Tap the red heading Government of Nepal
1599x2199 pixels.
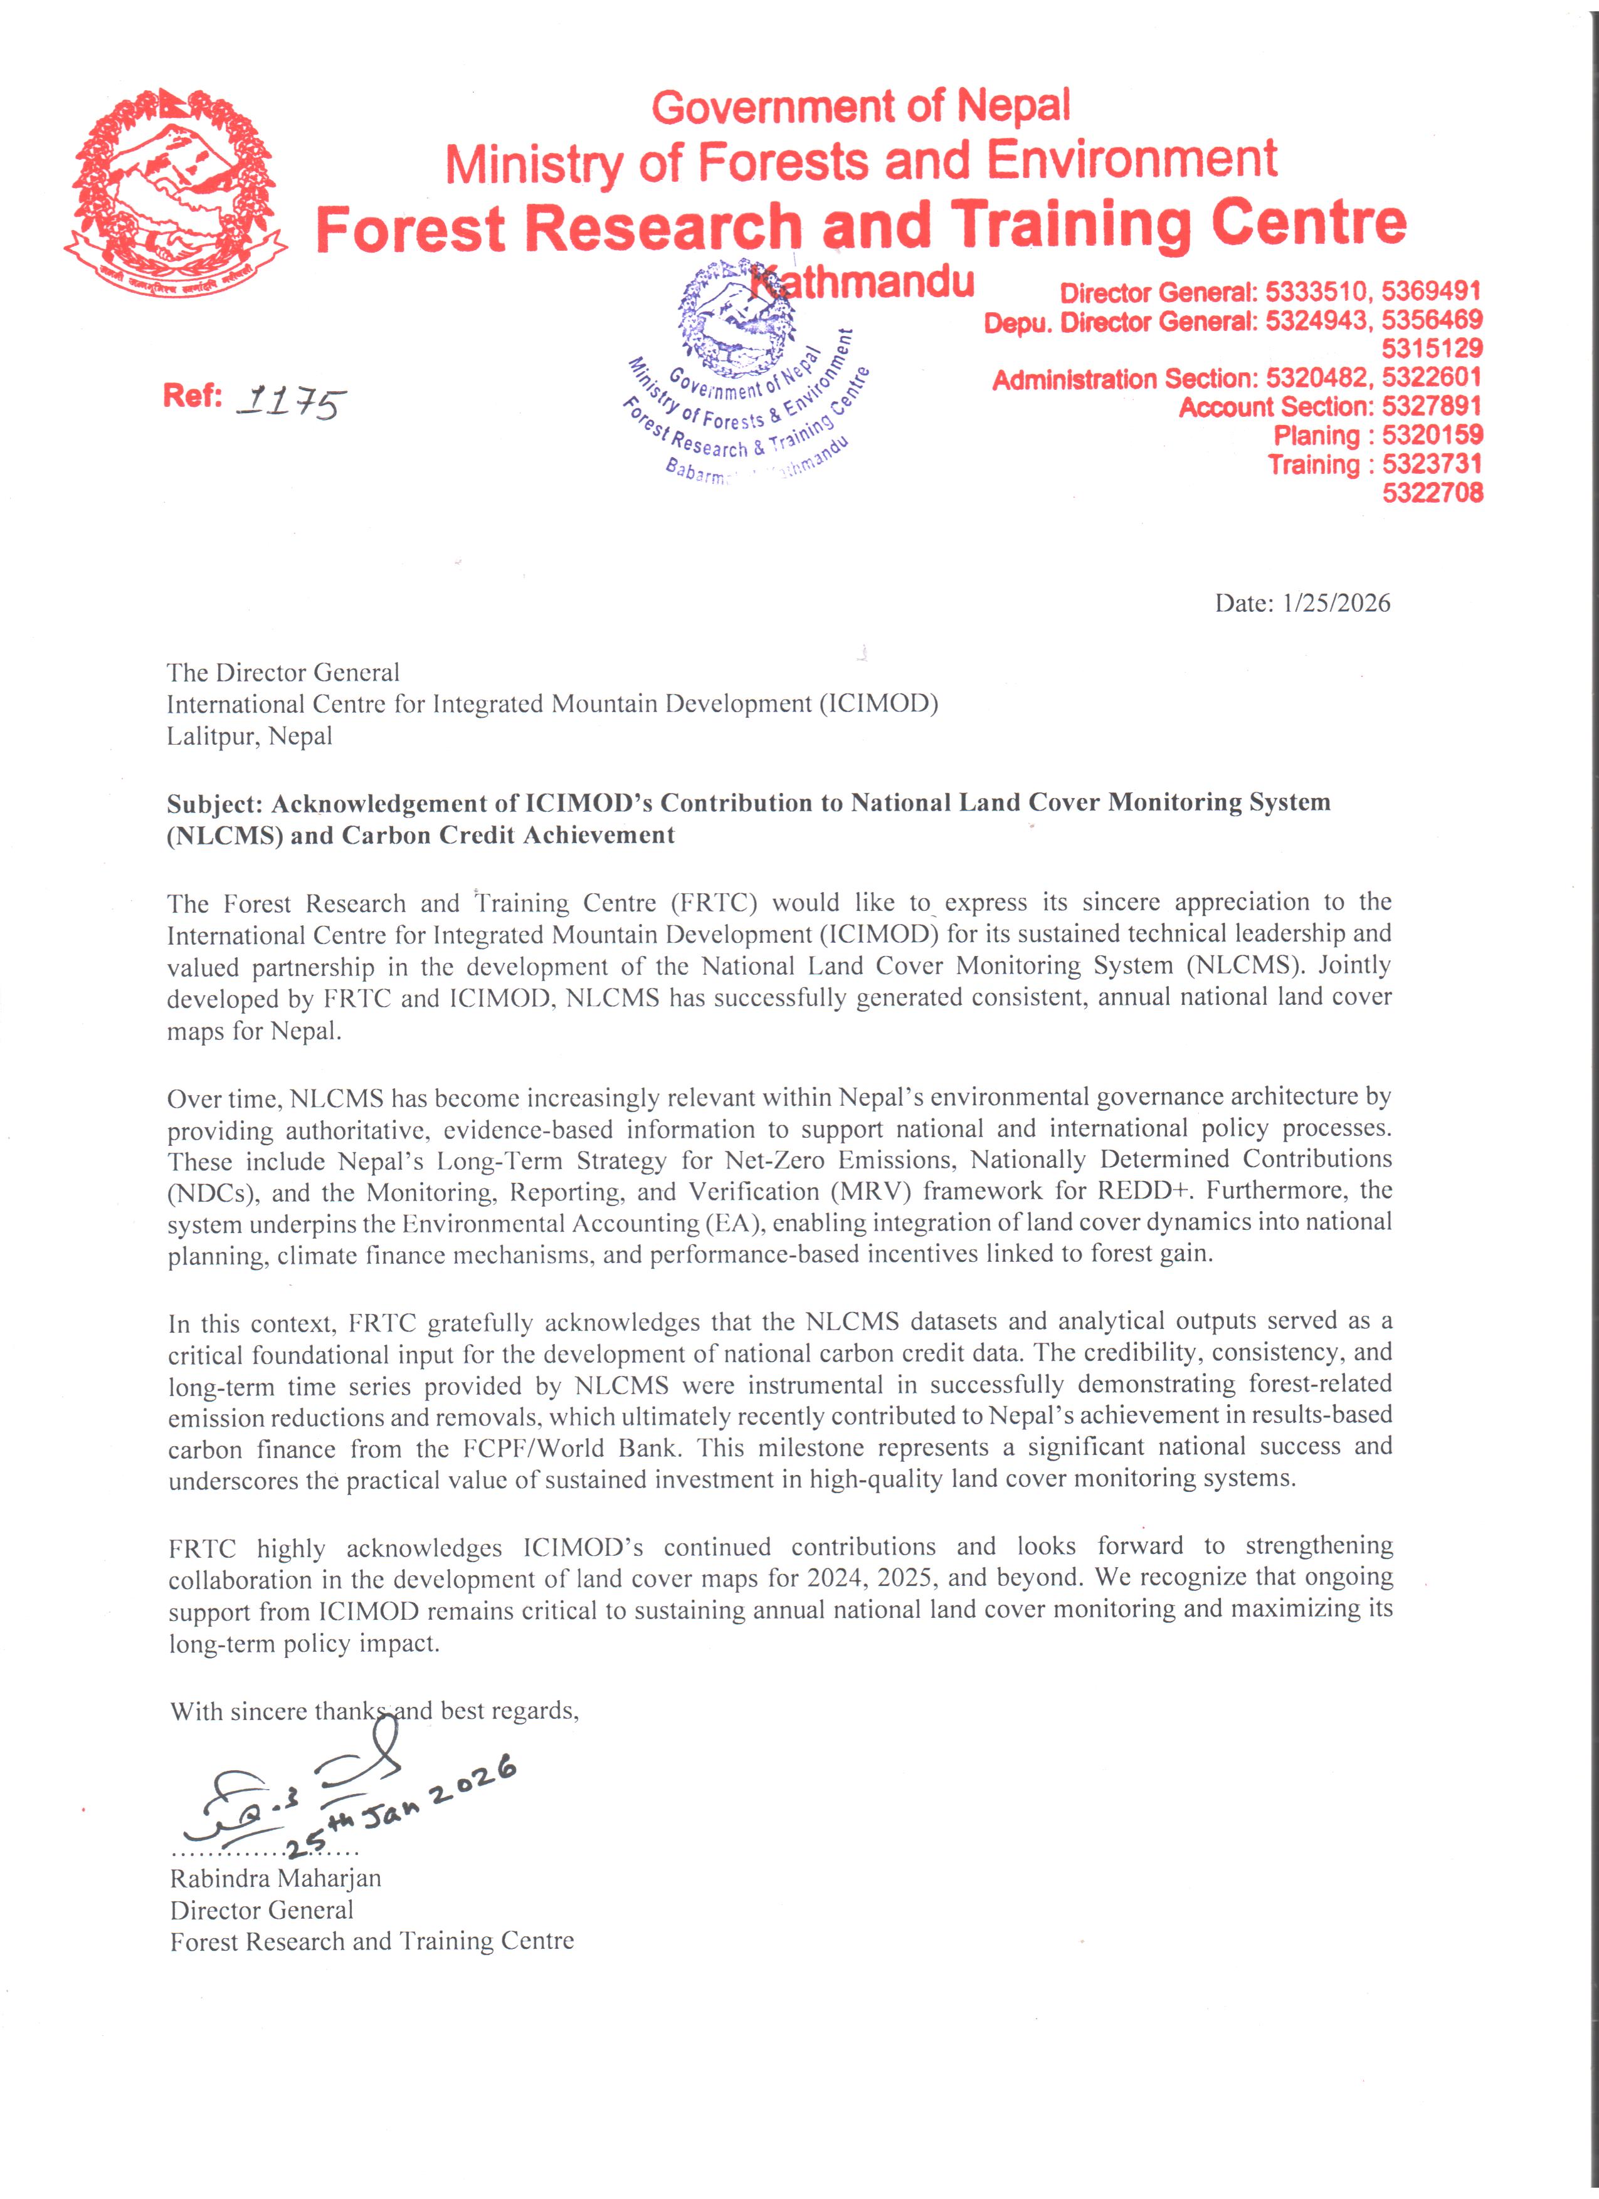[861, 106]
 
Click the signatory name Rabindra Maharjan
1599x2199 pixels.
[275, 1878]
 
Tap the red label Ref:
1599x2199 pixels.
[193, 397]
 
